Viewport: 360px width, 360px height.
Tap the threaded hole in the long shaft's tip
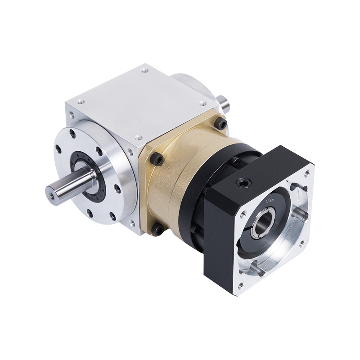(51, 195)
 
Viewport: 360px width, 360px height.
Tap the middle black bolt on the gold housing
(157, 158)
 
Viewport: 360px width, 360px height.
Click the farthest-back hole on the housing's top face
(144, 71)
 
